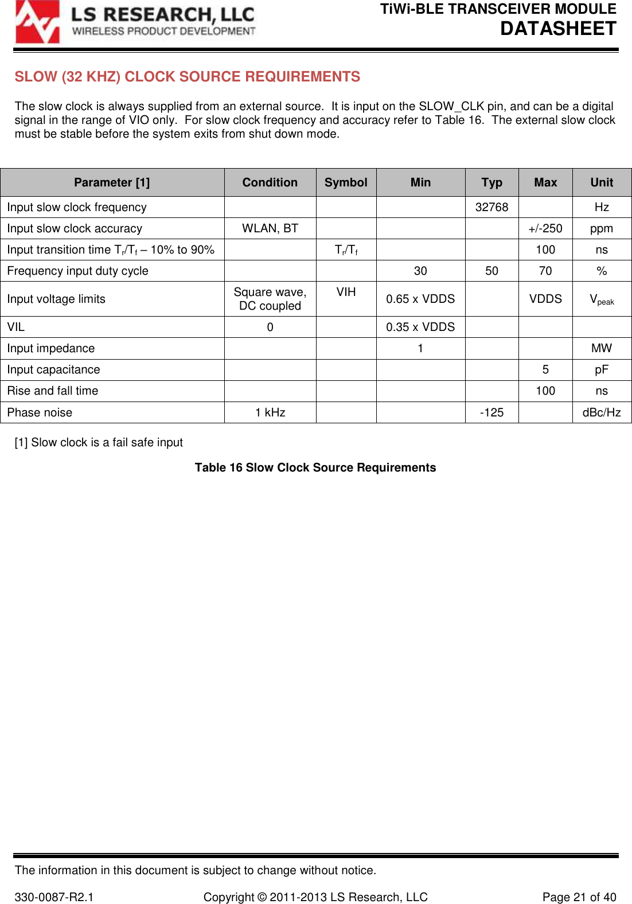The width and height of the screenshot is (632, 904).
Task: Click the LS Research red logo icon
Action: (x=37, y=22)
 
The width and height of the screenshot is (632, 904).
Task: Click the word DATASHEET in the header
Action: (x=557, y=29)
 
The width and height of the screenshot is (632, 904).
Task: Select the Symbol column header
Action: (x=346, y=182)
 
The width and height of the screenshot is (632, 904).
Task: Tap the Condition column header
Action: (x=270, y=182)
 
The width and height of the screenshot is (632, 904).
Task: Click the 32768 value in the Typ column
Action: (x=491, y=207)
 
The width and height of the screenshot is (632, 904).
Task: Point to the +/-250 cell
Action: (x=545, y=228)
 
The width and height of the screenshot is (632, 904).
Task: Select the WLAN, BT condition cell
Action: (x=270, y=228)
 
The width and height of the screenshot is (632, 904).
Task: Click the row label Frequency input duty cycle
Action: (x=77, y=271)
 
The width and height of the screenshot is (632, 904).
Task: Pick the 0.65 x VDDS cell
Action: (x=420, y=299)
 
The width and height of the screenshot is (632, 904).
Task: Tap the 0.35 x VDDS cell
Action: (x=420, y=327)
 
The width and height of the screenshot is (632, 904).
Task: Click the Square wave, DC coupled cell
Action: (x=270, y=299)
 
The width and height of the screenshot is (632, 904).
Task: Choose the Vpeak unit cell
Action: (x=602, y=299)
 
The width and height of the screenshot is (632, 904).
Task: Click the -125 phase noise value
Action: (x=491, y=412)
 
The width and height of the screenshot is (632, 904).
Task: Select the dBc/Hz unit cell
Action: (x=602, y=412)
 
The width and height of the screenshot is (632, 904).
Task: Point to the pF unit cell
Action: (x=602, y=369)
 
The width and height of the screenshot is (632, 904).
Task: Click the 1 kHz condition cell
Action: (x=270, y=412)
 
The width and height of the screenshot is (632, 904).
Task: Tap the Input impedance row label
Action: (x=50, y=348)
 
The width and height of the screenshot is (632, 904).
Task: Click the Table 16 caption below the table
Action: (x=315, y=467)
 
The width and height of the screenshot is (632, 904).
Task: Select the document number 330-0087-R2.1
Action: (x=54, y=897)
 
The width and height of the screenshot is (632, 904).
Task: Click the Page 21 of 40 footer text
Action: (x=579, y=897)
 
